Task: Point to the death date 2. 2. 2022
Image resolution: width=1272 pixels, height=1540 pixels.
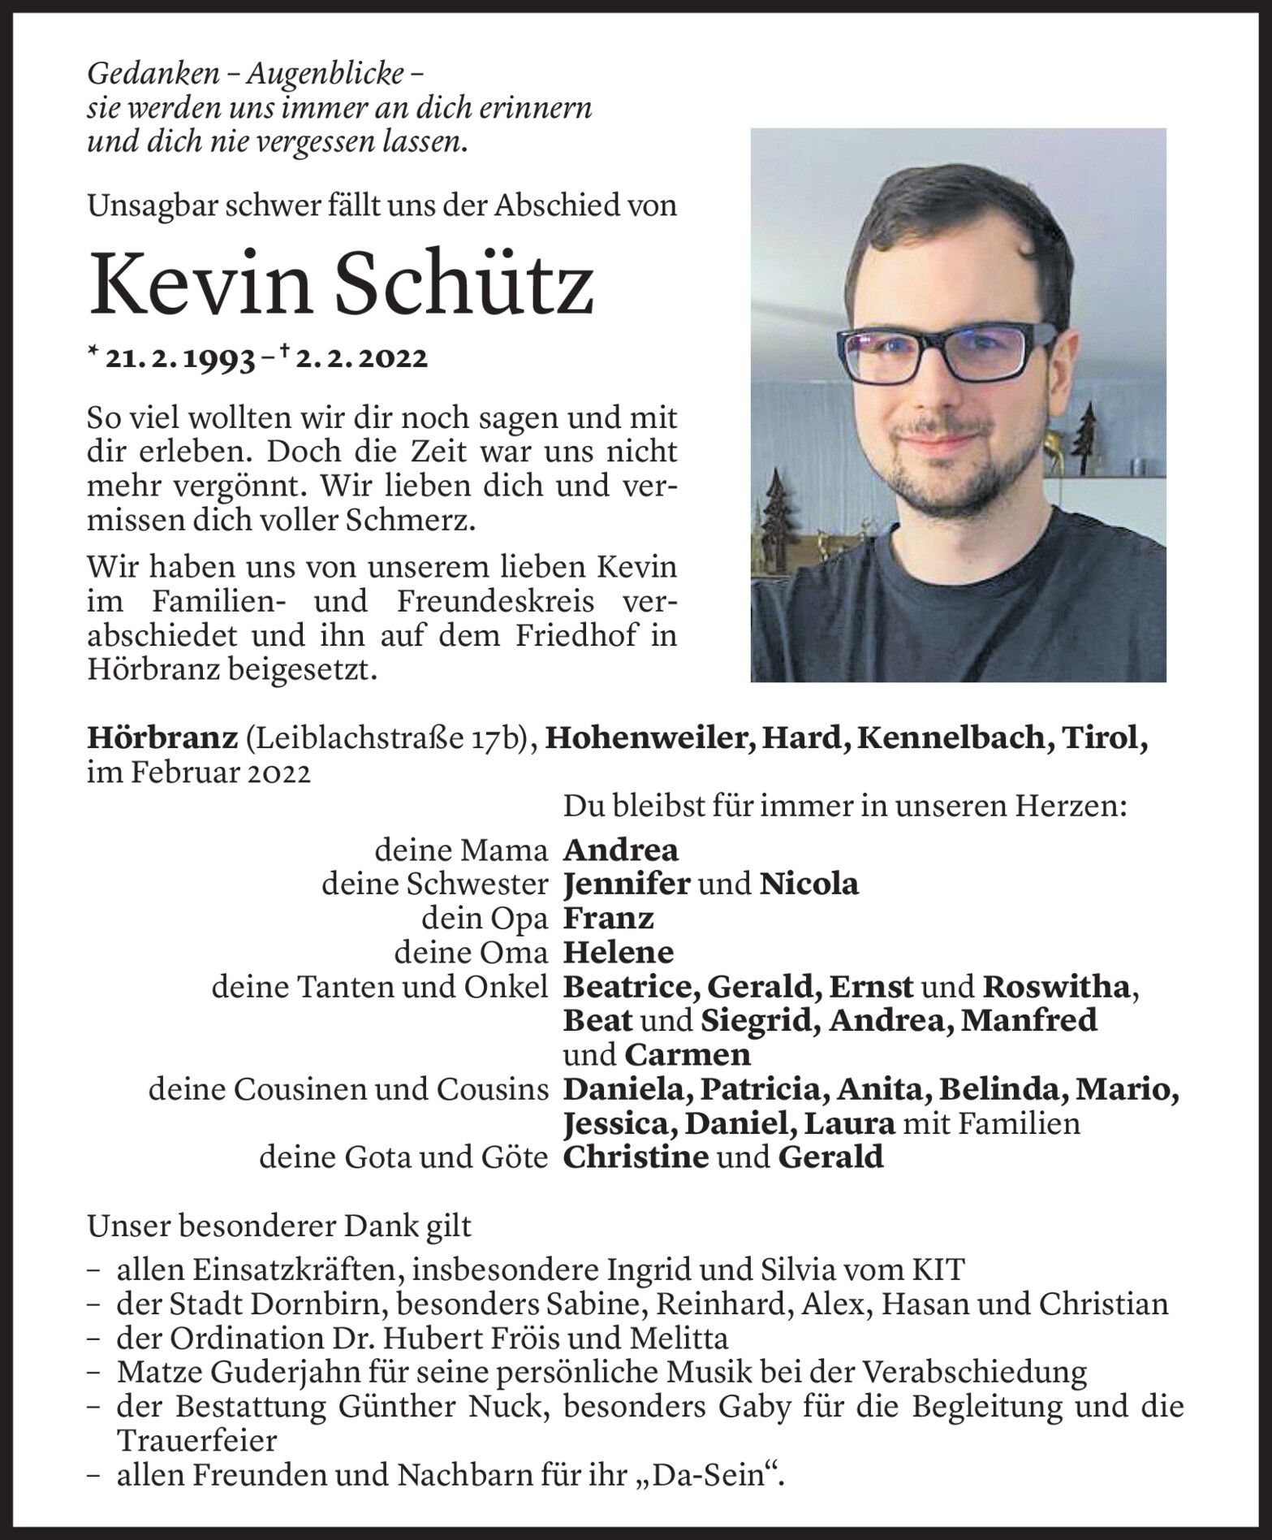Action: point(360,358)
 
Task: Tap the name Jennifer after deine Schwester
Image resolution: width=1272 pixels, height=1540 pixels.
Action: point(625,883)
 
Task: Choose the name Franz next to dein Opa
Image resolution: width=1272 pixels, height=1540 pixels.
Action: point(608,918)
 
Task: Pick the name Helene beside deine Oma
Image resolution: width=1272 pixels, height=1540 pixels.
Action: point(618,952)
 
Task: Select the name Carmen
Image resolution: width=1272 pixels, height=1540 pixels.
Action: point(688,1055)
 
